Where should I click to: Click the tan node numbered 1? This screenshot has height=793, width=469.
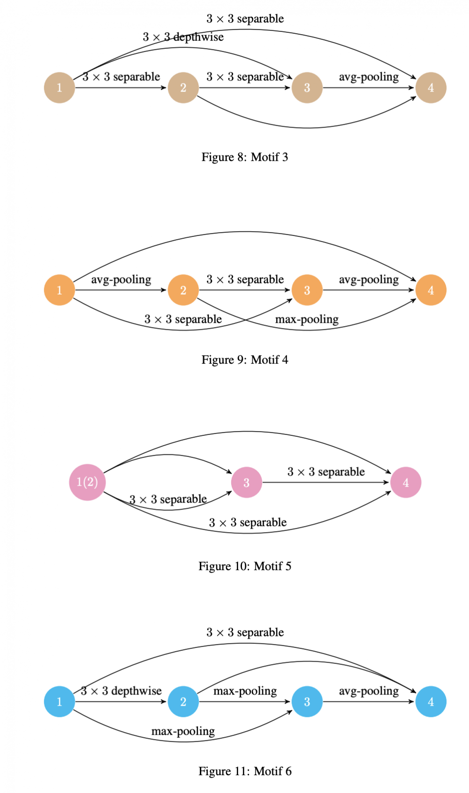pos(60,88)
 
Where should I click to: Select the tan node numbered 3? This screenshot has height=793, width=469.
pos(307,88)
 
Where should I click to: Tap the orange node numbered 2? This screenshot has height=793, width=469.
pos(183,290)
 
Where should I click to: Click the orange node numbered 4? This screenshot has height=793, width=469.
pos(431,290)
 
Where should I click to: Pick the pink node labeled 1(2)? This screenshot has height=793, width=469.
pos(87,482)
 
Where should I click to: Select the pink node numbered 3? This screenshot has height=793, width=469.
pos(246,482)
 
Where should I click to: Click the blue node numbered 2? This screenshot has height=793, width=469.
pos(183,701)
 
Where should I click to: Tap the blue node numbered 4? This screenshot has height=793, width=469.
pos(431,701)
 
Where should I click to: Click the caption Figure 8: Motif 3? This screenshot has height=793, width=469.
pos(245,157)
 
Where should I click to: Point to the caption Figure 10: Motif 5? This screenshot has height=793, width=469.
pos(245,566)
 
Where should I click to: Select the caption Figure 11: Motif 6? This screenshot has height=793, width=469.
pos(245,771)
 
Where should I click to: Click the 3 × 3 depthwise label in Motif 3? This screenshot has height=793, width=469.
pos(183,37)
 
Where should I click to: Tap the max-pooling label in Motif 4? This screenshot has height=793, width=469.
pos(307,320)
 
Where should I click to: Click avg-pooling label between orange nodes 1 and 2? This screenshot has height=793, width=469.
pos(121,280)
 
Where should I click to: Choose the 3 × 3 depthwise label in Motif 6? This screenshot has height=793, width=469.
pos(121,691)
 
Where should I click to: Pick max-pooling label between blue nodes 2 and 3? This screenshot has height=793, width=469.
pos(245,691)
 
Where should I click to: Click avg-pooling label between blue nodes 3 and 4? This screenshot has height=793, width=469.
pos(369,691)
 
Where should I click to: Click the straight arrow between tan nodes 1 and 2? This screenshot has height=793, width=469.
pos(121,88)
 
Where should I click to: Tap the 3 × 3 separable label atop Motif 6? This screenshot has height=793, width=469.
pos(245,633)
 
